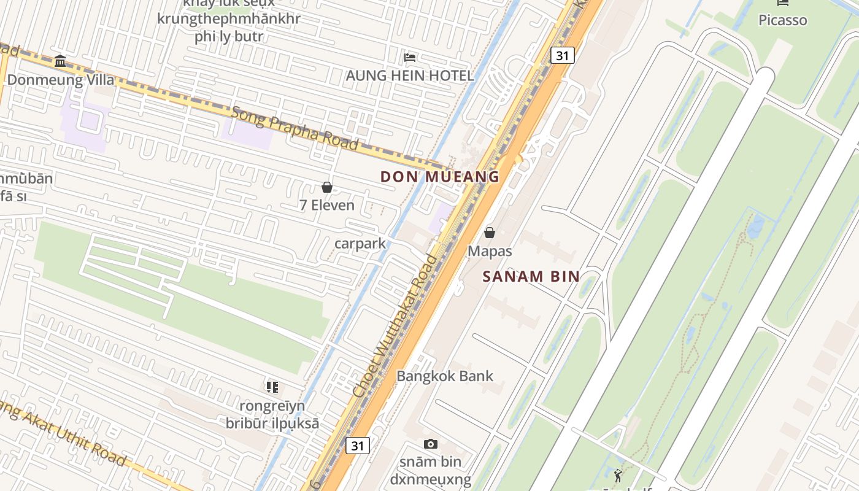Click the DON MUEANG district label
439,177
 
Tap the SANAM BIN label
531,276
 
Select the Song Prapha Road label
294,128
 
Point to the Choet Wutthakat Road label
396,325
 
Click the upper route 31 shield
562,55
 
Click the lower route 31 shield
357,445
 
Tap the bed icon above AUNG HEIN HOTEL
410,58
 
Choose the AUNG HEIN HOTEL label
410,75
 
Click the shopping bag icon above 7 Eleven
327,187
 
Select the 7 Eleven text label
327,205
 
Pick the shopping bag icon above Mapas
490,233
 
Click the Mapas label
490,251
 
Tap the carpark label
360,244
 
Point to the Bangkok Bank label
445,376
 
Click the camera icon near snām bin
431,444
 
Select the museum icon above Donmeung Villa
60,61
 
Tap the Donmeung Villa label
61,80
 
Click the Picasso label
783,20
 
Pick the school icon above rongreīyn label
272,387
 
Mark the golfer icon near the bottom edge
618,476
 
